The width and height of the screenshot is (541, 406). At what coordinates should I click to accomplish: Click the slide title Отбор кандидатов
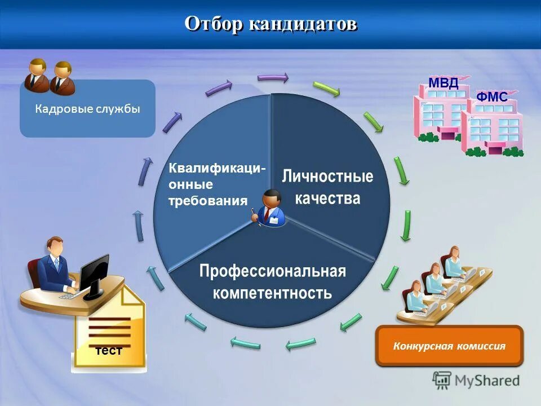270,24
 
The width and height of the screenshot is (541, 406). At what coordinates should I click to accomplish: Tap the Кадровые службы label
87,109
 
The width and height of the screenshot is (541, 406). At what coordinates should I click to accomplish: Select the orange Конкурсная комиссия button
449,346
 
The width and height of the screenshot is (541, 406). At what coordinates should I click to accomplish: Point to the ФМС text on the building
491,97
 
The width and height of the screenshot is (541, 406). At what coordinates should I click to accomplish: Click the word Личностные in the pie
327,176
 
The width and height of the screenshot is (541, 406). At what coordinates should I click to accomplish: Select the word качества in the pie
327,198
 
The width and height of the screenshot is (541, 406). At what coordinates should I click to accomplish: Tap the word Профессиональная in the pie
272,271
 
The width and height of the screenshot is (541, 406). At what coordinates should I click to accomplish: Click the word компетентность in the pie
272,293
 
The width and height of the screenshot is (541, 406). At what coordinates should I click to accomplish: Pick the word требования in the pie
208,201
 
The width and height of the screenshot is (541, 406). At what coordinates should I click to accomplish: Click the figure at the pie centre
270,208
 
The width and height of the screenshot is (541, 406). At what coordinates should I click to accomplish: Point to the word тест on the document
109,351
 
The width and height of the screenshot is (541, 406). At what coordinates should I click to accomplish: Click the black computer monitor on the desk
94,275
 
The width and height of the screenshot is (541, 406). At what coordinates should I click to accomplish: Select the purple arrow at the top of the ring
273,77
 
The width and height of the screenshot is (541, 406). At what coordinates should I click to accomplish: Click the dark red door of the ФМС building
495,148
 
